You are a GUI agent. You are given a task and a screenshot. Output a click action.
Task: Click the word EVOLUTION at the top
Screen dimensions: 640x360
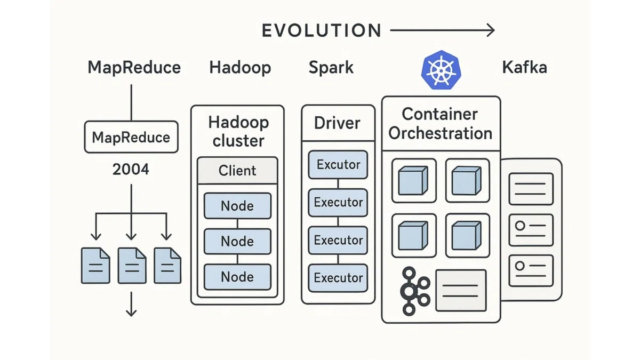point(322,30)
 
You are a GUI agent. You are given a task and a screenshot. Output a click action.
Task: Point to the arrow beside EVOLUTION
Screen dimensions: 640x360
point(442,30)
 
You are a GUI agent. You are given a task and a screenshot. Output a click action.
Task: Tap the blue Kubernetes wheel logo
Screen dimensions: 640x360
point(442,70)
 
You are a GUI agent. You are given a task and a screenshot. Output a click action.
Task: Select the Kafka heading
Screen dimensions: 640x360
point(525,67)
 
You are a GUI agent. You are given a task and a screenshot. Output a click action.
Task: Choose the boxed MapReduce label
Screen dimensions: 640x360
point(131,137)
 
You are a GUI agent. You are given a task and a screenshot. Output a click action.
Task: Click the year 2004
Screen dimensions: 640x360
point(131,169)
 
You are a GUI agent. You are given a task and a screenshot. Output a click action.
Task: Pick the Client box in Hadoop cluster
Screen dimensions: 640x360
point(237,170)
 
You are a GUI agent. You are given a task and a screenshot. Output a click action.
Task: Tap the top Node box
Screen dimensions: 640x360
point(237,206)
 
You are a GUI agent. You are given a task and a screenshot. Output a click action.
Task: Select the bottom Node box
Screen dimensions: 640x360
point(237,277)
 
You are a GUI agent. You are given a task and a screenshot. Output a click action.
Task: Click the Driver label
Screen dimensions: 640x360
point(337,123)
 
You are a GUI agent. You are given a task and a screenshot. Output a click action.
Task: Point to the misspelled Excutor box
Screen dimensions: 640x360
point(338,165)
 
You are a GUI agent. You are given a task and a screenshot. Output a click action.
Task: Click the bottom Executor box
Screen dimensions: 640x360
point(338,278)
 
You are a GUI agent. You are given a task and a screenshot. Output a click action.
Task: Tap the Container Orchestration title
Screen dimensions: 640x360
point(441,124)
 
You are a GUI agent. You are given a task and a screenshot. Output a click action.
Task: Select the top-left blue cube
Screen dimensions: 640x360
point(413,181)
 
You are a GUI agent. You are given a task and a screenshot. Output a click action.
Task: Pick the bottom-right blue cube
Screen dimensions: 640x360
point(467,235)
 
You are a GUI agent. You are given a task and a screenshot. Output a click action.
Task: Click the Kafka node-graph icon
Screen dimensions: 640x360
point(415,291)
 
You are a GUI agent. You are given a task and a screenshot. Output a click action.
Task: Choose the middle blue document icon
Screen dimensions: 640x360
point(132,266)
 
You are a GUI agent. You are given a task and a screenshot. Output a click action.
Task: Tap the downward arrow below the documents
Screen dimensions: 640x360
point(131,304)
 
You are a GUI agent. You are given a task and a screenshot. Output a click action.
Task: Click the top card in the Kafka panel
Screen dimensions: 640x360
point(531,189)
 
